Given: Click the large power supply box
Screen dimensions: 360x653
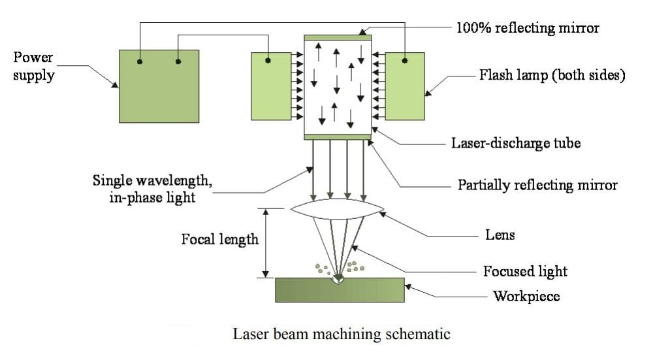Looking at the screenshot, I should pyautogui.click(x=159, y=86).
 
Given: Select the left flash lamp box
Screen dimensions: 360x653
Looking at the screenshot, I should pyautogui.click(x=270, y=86).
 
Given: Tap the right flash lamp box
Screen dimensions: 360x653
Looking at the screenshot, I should pyautogui.click(x=405, y=86).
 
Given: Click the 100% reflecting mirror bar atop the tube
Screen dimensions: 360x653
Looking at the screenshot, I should pyautogui.click(x=338, y=37).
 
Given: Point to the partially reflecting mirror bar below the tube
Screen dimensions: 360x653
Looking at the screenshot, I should pyautogui.click(x=338, y=137).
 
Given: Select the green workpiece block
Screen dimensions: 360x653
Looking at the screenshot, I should pyautogui.click(x=340, y=289).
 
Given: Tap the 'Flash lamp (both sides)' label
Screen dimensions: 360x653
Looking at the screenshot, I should pyautogui.click(x=552, y=75).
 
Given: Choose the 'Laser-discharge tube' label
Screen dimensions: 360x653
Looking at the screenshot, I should pyautogui.click(x=515, y=142).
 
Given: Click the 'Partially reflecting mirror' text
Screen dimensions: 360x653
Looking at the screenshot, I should pyautogui.click(x=537, y=185).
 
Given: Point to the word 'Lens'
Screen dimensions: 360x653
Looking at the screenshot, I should pyautogui.click(x=500, y=235).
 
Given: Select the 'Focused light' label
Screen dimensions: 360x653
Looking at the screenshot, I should pyautogui.click(x=525, y=270).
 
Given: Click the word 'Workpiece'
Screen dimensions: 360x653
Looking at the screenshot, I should pyautogui.click(x=526, y=296).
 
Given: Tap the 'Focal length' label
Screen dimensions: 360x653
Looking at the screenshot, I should pyautogui.click(x=219, y=239).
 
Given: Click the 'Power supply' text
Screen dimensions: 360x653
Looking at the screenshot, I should pyautogui.click(x=33, y=66).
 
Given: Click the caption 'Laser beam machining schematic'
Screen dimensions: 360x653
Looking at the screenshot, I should pyautogui.click(x=342, y=334).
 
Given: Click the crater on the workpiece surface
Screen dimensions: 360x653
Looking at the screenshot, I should pyautogui.click(x=338, y=280).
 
